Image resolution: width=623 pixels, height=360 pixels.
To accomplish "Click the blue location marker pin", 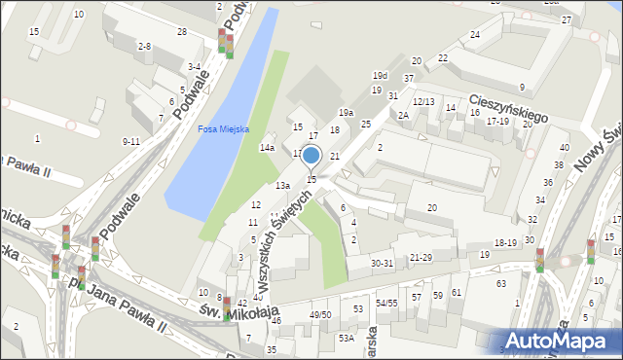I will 311,156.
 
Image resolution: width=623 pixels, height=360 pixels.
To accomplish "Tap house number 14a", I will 267,148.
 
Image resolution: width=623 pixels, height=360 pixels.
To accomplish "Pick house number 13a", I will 282,185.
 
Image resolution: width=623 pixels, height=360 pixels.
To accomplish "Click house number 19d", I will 380,75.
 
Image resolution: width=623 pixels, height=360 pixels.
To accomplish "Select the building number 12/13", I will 423,101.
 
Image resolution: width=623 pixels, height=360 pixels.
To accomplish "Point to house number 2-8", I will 144,46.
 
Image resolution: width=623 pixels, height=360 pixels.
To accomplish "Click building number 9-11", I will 131,141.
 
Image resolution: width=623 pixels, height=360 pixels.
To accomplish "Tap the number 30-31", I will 382,263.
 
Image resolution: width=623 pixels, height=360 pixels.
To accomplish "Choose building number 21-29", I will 421,256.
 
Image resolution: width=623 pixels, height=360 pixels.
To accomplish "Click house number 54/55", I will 386,304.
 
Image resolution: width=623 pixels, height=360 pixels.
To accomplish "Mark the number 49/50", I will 320,314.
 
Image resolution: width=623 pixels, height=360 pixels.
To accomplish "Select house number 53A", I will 346,338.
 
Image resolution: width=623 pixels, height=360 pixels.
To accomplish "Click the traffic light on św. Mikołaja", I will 227,308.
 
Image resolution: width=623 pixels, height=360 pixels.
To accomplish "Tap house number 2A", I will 403,115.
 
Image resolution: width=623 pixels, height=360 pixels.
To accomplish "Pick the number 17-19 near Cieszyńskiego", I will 497,121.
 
